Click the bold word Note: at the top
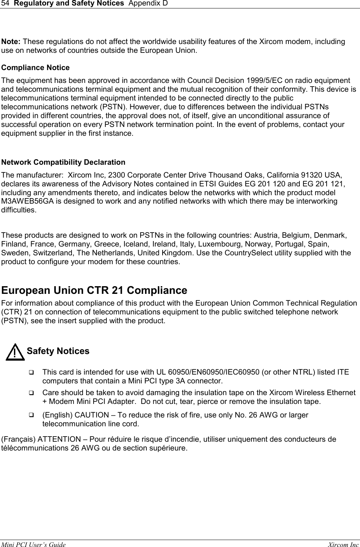tap(11, 41)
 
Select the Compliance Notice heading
tap(36, 68)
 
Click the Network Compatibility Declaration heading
tap(63, 162)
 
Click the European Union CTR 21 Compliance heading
tap(94, 291)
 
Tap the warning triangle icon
tap(14, 353)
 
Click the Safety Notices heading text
tap(58, 351)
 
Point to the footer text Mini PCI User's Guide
tap(34, 545)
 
